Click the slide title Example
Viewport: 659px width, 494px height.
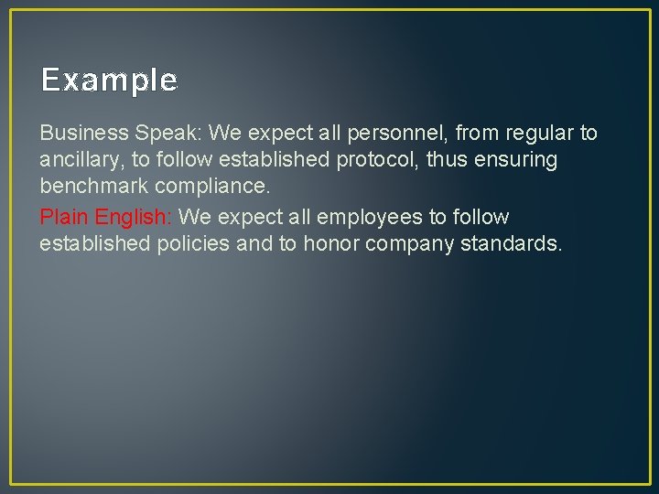pyautogui.click(x=109, y=81)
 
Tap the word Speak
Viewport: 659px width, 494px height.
pyautogui.click(x=165, y=134)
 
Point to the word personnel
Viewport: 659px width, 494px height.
pyautogui.click(x=398, y=134)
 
